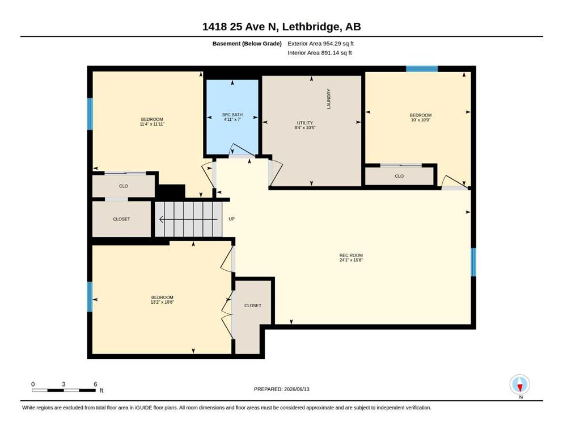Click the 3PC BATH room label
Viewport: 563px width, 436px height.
coord(232,115)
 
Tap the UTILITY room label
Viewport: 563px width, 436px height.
coord(305,123)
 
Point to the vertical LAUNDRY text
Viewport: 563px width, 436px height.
coord(328,99)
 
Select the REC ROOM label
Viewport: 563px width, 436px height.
coord(351,255)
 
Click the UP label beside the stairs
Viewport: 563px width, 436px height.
coord(231,219)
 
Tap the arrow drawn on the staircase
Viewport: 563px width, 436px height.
coord(188,219)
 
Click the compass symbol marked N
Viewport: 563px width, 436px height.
coord(520,384)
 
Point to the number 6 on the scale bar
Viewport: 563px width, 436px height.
coord(95,384)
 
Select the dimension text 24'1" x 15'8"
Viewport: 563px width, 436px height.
coord(351,260)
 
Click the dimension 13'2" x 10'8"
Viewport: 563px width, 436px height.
coord(162,302)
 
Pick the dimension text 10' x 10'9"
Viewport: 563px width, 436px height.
coord(421,120)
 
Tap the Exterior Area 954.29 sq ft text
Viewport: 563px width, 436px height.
coord(321,44)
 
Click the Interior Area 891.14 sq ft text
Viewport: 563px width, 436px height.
coord(320,52)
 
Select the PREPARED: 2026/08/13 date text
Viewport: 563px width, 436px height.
coord(281,389)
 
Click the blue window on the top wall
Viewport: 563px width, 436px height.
coord(422,69)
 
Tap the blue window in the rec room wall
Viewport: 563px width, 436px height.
coord(473,262)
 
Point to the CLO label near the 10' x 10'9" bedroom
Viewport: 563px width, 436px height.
coord(399,176)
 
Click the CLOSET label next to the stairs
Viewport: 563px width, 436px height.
coord(121,219)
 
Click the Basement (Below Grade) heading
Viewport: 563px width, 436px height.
coord(247,44)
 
